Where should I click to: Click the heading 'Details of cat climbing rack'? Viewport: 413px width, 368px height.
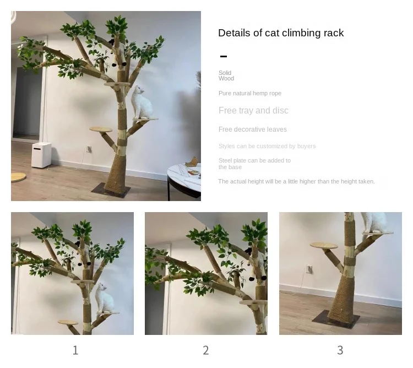click(281, 33)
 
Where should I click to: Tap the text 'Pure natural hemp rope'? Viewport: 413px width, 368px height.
click(249, 93)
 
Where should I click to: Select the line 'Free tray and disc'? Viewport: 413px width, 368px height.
click(253, 110)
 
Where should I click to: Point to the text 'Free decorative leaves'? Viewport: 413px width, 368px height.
click(253, 129)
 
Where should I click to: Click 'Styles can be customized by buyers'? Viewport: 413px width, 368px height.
click(267, 146)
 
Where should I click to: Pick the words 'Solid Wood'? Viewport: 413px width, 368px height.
click(226, 75)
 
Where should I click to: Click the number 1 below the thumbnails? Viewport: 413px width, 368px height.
click(75, 350)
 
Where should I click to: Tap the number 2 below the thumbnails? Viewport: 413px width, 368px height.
click(206, 350)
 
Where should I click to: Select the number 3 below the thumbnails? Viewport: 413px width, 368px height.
click(340, 350)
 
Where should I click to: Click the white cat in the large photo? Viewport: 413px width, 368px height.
click(141, 102)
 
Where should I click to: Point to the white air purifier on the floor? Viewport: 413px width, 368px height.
click(41, 155)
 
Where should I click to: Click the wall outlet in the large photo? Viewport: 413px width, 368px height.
click(89, 149)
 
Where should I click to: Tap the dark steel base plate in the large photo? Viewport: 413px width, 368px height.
click(111, 190)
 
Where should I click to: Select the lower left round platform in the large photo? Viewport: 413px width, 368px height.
click(101, 129)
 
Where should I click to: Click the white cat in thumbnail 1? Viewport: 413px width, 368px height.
click(105, 299)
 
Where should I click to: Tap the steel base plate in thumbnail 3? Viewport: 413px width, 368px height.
click(336, 319)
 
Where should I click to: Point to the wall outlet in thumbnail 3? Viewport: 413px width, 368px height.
click(309, 269)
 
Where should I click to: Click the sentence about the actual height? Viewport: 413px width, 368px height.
click(296, 181)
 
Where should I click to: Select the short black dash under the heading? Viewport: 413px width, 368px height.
click(224, 56)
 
